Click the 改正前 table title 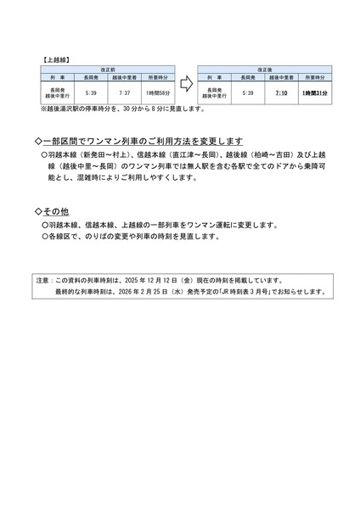click(x=107, y=69)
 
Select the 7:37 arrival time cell click(x=125, y=92)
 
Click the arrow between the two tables click(x=184, y=86)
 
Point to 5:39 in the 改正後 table click(x=249, y=92)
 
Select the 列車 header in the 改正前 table click(x=59, y=76)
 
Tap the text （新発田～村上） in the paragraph click(x=109, y=156)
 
